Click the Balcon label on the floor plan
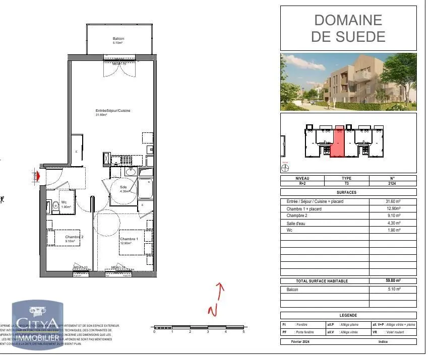118,39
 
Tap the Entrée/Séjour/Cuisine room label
109,111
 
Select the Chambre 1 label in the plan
129,239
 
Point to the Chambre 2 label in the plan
74,237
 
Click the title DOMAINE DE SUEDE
348,28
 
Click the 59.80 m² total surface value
393,280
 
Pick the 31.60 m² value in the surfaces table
393,201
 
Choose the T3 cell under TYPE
346,184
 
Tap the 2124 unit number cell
393,184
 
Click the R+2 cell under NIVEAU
302,184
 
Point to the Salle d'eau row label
297,223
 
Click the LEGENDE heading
348,315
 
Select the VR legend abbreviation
375,332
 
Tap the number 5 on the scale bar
243,332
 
